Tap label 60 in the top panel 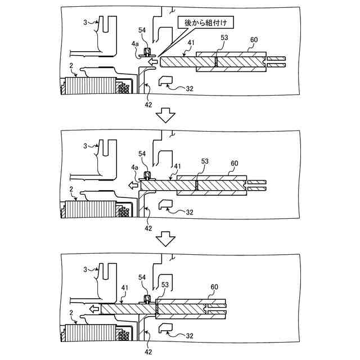[x=254, y=40]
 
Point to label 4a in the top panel [x=135, y=43]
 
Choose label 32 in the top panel [x=190, y=88]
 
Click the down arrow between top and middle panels [x=166, y=115]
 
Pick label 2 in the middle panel [x=71, y=190]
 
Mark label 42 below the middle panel [x=148, y=228]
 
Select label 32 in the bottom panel [x=190, y=336]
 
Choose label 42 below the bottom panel [x=148, y=352]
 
